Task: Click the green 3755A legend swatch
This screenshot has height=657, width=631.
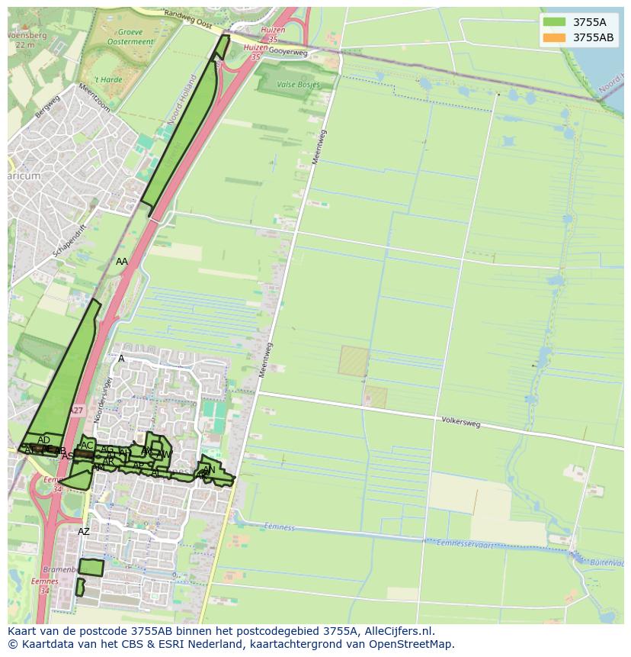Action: pos(555,22)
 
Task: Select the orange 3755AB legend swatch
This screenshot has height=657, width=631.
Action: pos(555,37)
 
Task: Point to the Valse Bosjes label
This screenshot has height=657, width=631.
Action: pos(298,85)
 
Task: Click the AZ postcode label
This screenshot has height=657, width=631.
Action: pos(84,531)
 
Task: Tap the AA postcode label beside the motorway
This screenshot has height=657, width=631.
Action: pos(122,261)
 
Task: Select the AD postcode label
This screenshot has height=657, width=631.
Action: pos(43,440)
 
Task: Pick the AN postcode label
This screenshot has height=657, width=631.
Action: pos(209,469)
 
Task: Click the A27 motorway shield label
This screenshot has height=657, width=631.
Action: pos(77,411)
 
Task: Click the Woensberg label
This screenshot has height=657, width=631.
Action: pos(27,35)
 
